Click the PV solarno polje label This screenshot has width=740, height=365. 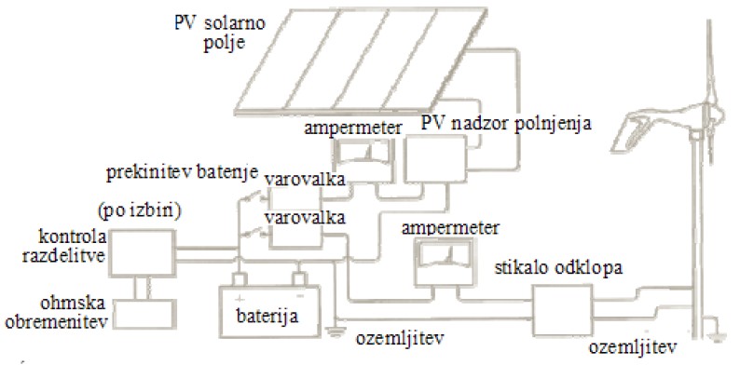point(219,32)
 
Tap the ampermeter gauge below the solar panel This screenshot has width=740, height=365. point(363,161)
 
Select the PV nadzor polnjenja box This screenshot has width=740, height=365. point(435,159)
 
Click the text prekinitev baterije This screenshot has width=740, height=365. point(182,172)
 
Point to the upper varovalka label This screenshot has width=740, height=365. point(305,180)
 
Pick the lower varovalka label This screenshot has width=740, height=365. point(305,217)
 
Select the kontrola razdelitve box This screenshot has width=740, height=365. point(143,252)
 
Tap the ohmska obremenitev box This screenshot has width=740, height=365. point(145,314)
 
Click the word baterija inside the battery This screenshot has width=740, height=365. point(267,315)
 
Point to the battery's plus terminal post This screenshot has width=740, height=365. point(240,279)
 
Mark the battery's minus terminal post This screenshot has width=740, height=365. point(299,279)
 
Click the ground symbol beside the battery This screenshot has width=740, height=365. point(335,332)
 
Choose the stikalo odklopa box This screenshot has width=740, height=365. point(562,309)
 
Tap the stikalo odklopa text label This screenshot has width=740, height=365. point(559,268)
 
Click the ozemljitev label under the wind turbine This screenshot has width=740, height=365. point(633,348)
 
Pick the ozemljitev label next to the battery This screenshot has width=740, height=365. point(399,340)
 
